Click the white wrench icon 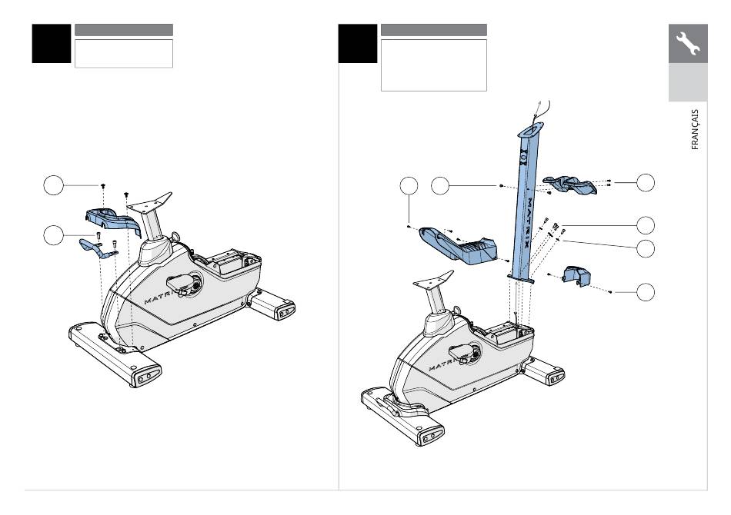pyautogui.click(x=688, y=43)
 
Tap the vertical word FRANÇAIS pyautogui.click(x=695, y=129)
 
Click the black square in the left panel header pyautogui.click(x=52, y=43)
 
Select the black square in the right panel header pyautogui.click(x=358, y=43)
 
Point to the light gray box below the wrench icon pyautogui.click(x=688, y=82)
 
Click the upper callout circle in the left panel pyautogui.click(x=54, y=185)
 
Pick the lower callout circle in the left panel pyautogui.click(x=54, y=235)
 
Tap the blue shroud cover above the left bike pyautogui.click(x=113, y=221)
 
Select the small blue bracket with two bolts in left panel pyautogui.click(x=98, y=248)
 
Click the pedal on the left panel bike pyautogui.click(x=183, y=284)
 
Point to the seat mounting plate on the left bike pyautogui.click(x=149, y=202)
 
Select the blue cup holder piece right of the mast pyautogui.click(x=569, y=184)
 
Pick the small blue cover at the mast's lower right pyautogui.click(x=576, y=276)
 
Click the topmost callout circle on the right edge pyautogui.click(x=646, y=182)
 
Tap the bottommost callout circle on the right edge pyautogui.click(x=646, y=292)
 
